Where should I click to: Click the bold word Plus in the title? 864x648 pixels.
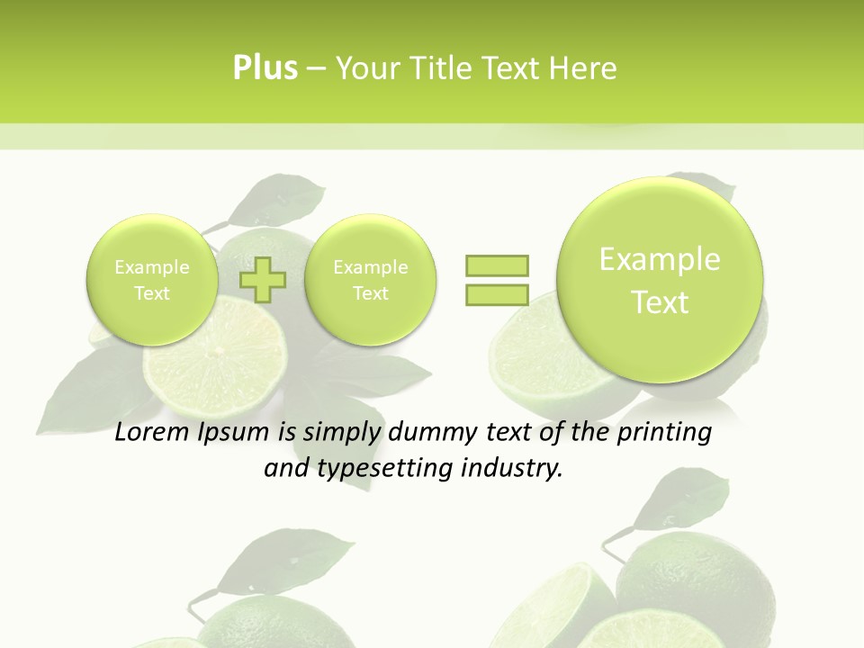(265, 68)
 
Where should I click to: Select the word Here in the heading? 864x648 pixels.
(582, 68)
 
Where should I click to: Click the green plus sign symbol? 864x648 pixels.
(263, 280)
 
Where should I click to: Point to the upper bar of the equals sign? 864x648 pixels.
(496, 265)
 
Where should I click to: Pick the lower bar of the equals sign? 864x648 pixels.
(496, 295)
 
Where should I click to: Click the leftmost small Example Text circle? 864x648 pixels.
(152, 280)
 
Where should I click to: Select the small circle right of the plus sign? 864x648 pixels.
(370, 280)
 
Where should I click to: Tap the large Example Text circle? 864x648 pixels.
(660, 280)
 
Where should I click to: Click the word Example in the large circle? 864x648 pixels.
(660, 259)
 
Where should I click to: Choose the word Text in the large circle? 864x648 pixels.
(660, 302)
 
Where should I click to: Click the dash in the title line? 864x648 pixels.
(316, 69)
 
